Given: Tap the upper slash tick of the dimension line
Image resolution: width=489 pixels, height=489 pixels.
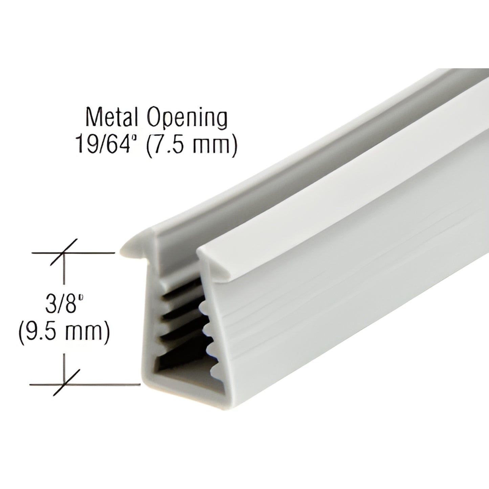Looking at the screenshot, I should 64,252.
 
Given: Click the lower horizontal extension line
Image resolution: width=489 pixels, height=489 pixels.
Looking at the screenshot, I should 102,384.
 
